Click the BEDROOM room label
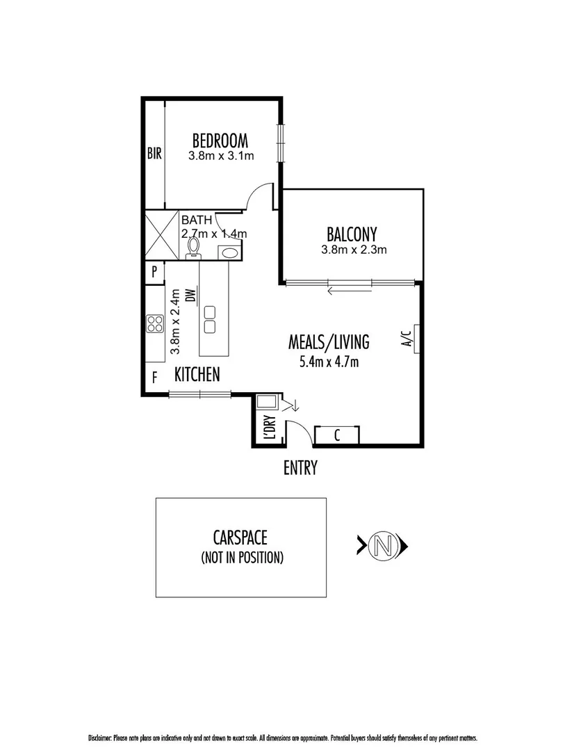pos(220,140)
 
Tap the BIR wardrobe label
pos(154,154)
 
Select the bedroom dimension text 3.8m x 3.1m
pos(220,156)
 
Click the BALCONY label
pos(352,233)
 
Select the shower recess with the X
pos(161,236)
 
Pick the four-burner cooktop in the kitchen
pos(154,323)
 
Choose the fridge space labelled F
pos(154,378)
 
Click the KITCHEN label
pos(197,375)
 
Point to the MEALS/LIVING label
pos(329,342)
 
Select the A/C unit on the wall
pos(414,339)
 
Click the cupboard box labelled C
pos(337,436)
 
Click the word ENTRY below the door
pos(300,468)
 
